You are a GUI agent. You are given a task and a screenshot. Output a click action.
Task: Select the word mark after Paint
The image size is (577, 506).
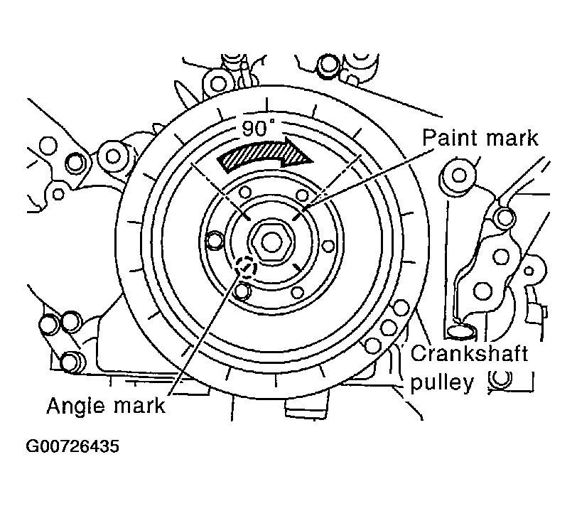(512, 139)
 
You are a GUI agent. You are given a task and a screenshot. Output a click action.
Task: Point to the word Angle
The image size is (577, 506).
(77, 407)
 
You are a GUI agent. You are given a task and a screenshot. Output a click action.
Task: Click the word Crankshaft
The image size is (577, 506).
(469, 354)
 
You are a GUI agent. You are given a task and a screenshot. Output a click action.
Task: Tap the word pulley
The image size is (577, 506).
(441, 384)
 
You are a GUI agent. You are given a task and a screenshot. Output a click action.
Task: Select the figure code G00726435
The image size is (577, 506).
(72, 446)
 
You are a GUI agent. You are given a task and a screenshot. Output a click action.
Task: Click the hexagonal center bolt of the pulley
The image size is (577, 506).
(272, 242)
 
